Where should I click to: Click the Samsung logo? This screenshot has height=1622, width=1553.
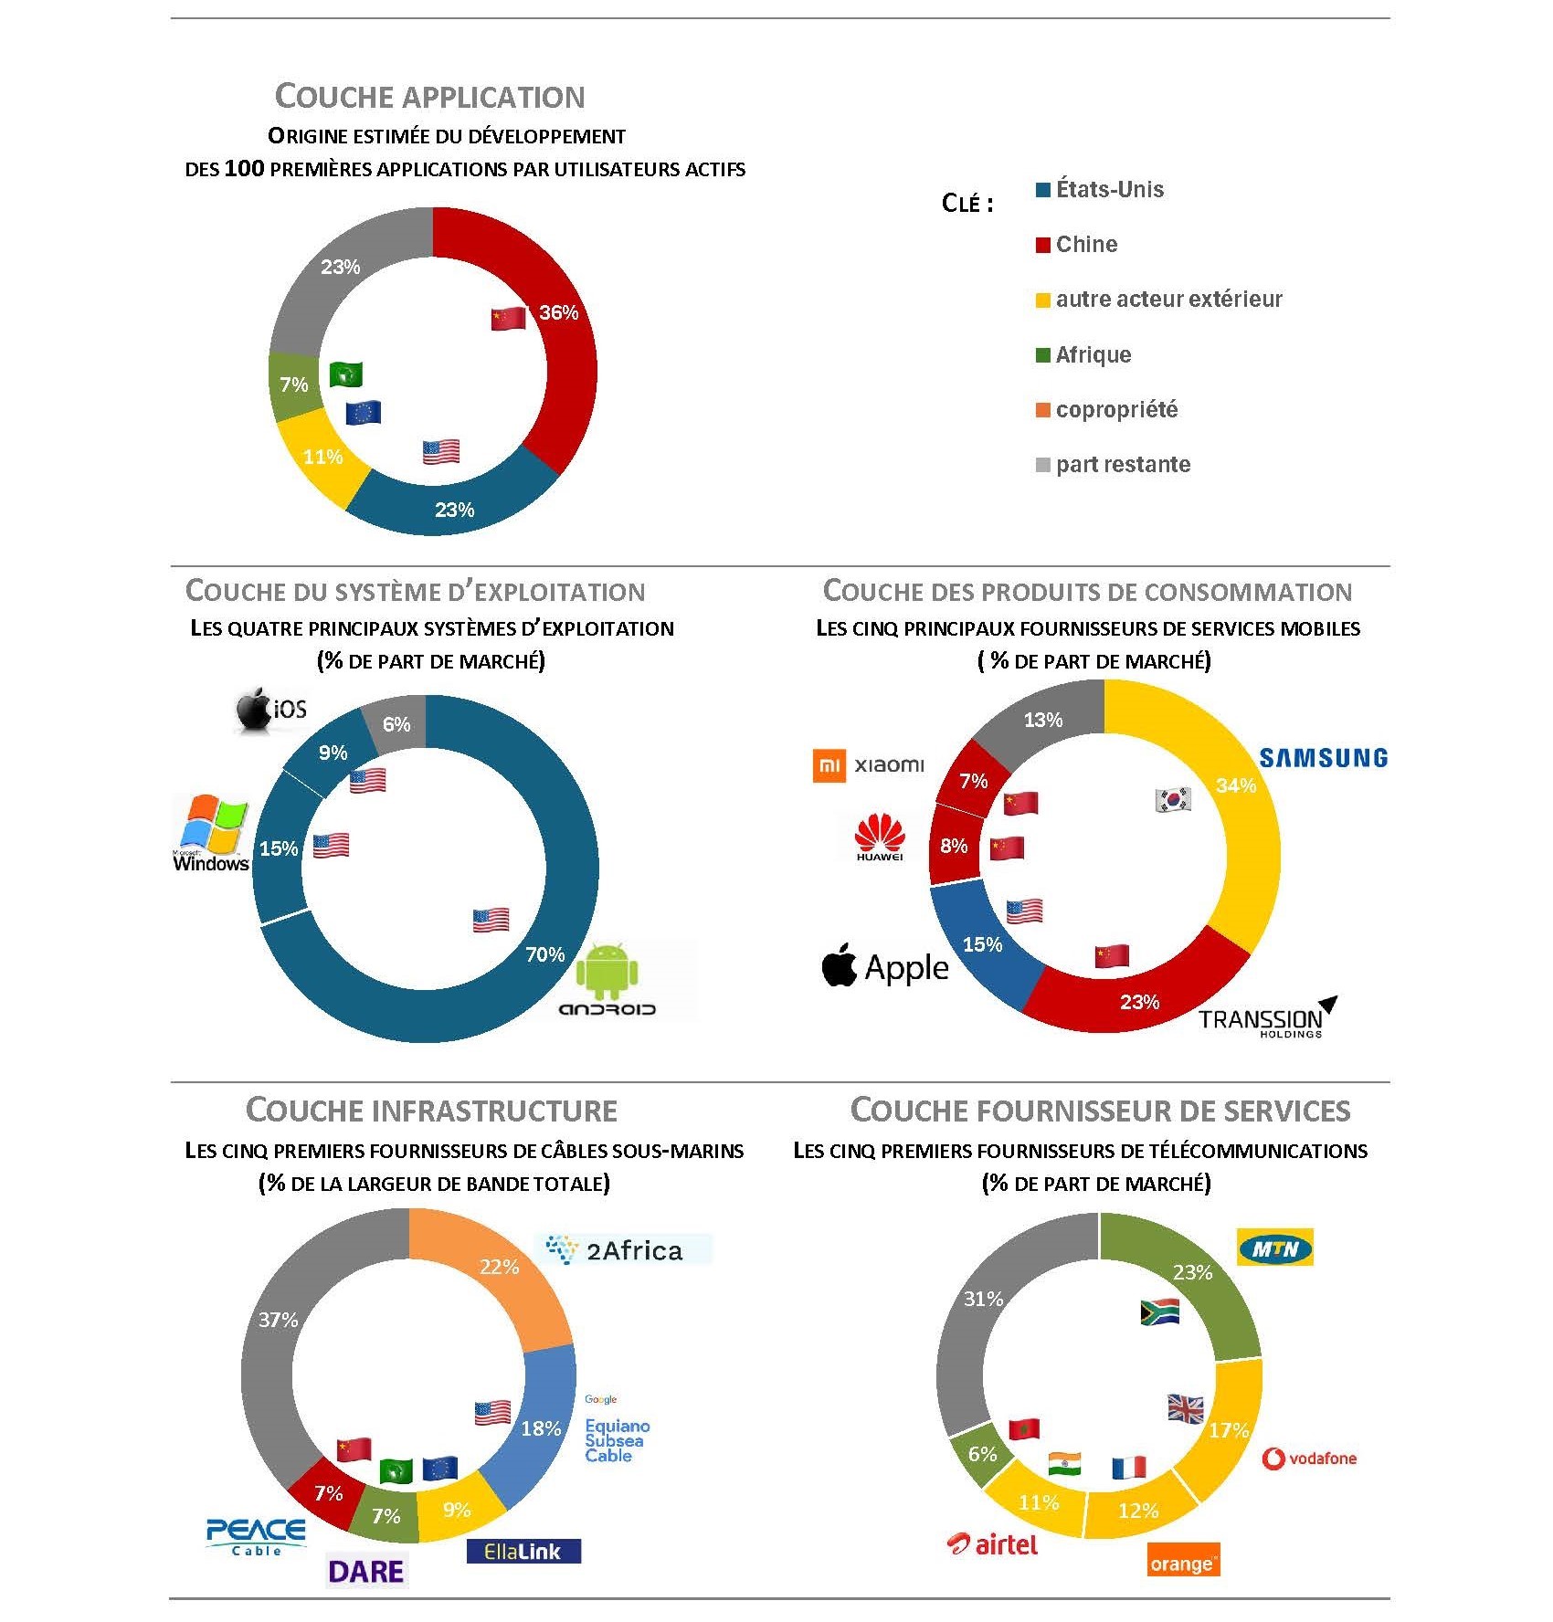(x=1323, y=758)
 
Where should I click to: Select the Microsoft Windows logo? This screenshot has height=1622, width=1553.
(x=211, y=833)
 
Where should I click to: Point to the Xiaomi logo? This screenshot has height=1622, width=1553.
(x=868, y=765)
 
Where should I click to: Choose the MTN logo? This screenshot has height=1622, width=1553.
(x=1274, y=1248)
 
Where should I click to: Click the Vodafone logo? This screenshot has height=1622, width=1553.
(x=1309, y=1459)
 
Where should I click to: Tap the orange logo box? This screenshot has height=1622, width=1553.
(x=1184, y=1563)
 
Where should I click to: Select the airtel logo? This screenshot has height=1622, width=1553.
(x=993, y=1544)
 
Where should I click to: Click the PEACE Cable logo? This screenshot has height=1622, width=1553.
(x=256, y=1536)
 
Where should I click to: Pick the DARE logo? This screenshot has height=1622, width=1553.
(x=365, y=1572)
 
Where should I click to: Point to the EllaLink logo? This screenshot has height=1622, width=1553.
(x=523, y=1551)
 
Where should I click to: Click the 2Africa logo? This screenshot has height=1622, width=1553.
(x=622, y=1249)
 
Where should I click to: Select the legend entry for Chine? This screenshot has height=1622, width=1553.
(x=1076, y=245)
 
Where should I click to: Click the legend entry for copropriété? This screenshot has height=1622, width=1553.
(x=1106, y=410)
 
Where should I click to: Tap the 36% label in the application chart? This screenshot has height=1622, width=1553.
(x=558, y=312)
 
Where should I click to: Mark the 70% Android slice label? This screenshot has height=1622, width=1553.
(x=545, y=954)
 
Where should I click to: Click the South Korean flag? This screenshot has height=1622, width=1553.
(x=1173, y=799)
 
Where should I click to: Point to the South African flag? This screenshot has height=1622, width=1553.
(x=1160, y=1312)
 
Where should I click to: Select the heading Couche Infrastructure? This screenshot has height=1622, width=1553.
(x=431, y=1111)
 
